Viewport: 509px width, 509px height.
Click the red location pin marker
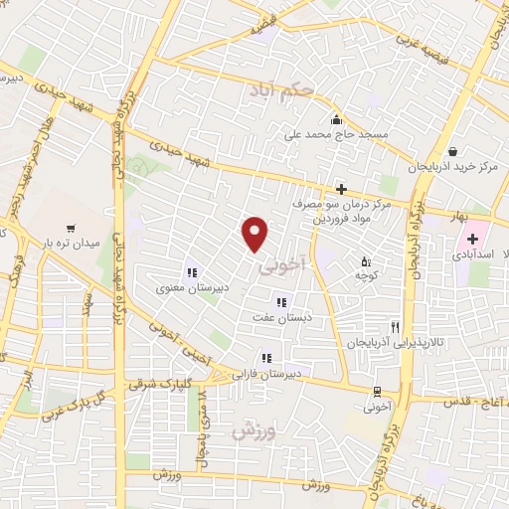coord(256,233)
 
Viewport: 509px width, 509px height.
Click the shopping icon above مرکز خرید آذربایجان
coord(453,151)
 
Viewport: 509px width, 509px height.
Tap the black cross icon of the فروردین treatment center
coord(341,188)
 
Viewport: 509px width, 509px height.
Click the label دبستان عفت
coord(281,316)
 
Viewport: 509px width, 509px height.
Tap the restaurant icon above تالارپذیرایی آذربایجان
coord(395,327)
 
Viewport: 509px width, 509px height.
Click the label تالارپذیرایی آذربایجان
coord(376,342)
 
